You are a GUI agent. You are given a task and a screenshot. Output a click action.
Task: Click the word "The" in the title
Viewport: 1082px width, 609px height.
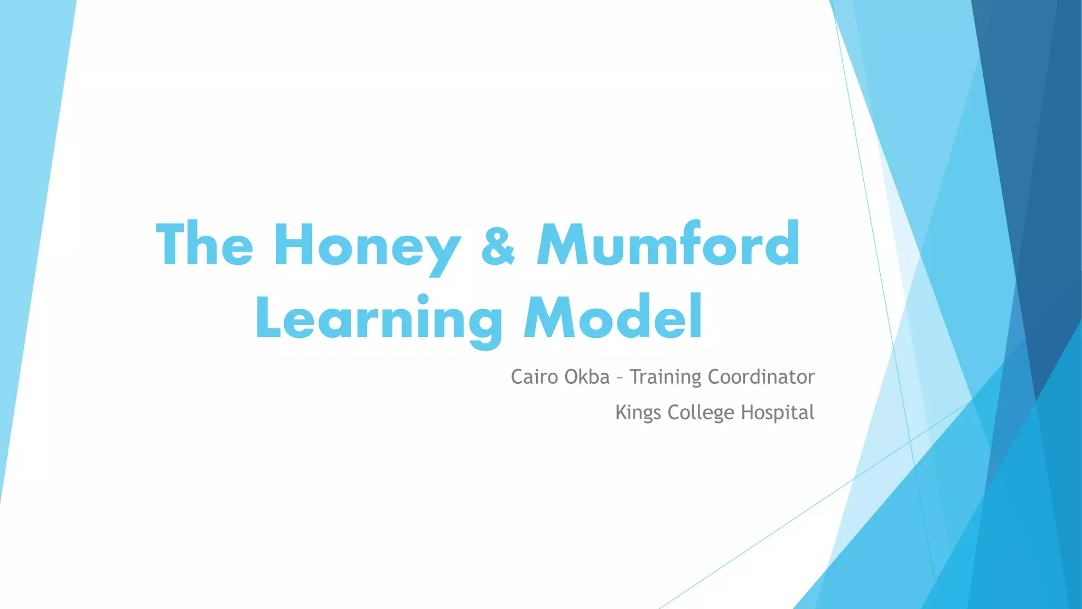(204, 244)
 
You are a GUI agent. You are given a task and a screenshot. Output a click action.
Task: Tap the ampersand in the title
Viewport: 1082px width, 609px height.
(498, 244)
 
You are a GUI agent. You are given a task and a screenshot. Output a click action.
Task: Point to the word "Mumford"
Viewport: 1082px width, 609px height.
(668, 244)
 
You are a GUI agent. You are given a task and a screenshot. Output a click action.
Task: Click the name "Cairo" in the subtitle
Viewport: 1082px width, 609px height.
(534, 377)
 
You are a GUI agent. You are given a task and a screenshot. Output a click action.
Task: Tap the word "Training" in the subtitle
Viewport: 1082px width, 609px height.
(665, 377)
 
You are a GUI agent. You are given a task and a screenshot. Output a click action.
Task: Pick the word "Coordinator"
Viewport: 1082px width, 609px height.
(761, 377)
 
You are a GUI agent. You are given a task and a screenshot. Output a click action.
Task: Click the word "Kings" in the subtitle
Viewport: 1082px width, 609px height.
(638, 413)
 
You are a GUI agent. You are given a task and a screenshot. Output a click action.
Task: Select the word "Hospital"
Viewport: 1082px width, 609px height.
(777, 413)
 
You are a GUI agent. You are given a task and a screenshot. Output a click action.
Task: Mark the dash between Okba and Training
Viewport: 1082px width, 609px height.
(619, 379)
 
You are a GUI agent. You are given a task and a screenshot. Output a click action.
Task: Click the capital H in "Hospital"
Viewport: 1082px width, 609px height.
(748, 412)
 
